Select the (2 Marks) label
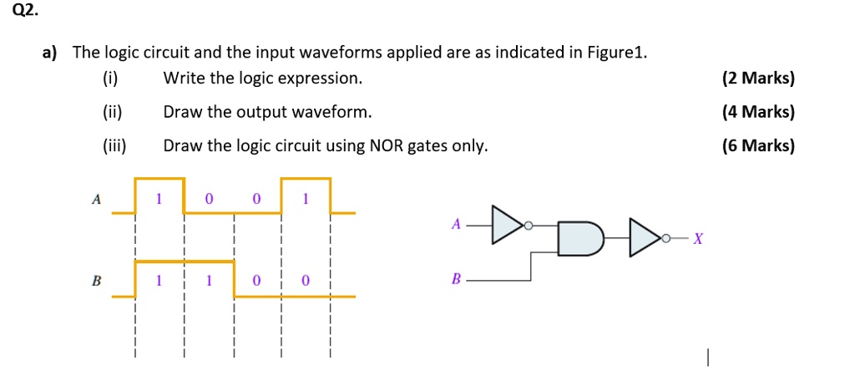pos(758,79)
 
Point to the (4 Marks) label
pos(758,112)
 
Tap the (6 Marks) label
pos(758,146)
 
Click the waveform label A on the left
pos(96,200)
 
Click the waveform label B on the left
pos(96,282)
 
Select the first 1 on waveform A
pos(159,199)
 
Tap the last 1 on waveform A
pos(306,199)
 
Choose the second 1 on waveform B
pos(209,282)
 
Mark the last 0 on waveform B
pos(306,282)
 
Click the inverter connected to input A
pos(508,225)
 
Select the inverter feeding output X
pos(646,238)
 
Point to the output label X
pos(699,240)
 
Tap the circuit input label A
pos(455,224)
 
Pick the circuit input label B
pos(455,280)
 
